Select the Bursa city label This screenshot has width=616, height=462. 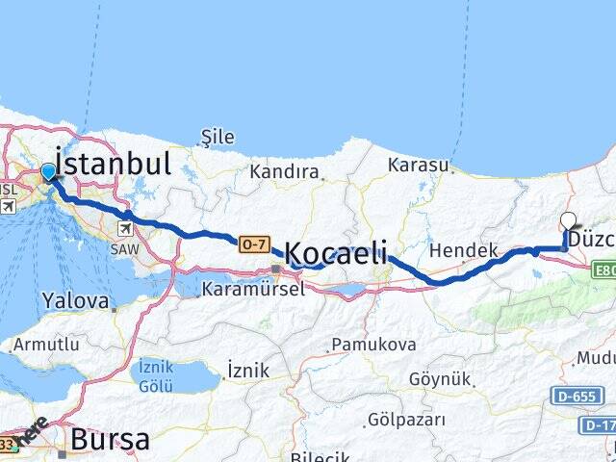[111, 440]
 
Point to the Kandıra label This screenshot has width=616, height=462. [284, 172]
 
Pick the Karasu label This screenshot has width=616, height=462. [419, 165]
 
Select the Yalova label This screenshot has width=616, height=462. [75, 301]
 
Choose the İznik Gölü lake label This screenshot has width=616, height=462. [156, 375]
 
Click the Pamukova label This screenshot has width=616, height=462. [373, 344]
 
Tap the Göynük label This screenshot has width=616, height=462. [438, 378]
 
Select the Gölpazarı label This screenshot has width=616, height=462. [405, 420]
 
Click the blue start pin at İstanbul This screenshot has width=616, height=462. [49, 172]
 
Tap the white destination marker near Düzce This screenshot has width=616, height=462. [568, 220]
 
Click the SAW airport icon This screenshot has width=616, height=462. [126, 229]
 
